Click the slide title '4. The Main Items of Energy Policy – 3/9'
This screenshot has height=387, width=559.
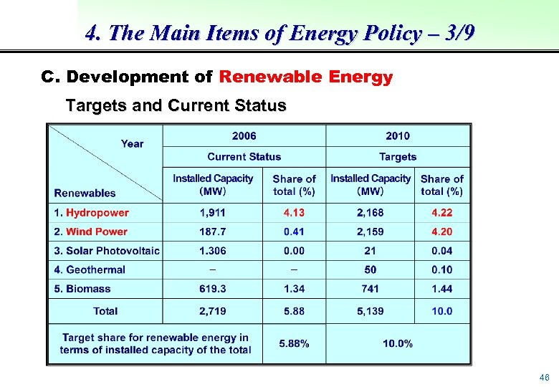coord(279,34)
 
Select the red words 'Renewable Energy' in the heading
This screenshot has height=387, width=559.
coord(306,77)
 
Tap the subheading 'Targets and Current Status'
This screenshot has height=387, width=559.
coord(176,106)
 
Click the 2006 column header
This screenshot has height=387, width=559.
coord(244,136)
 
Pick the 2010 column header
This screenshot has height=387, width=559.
coord(398,136)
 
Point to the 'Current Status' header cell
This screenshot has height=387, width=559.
coord(244,156)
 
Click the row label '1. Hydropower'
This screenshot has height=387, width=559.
coord(91,213)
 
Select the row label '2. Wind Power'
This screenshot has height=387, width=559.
coord(90,231)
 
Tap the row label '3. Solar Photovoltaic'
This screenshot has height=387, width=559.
coord(106,251)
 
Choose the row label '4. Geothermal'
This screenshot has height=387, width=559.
coord(89,269)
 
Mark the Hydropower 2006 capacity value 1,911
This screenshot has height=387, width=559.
coord(213,213)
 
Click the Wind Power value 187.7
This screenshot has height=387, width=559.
coord(213,231)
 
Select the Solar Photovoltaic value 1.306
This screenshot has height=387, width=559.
coord(213,251)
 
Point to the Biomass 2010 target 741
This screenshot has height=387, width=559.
coord(370,289)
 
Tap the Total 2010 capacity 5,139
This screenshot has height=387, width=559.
coord(370,311)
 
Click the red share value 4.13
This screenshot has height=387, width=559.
coord(294,213)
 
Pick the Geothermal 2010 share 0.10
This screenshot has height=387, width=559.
coord(442,269)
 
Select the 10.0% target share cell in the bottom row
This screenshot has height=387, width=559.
coord(398,343)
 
